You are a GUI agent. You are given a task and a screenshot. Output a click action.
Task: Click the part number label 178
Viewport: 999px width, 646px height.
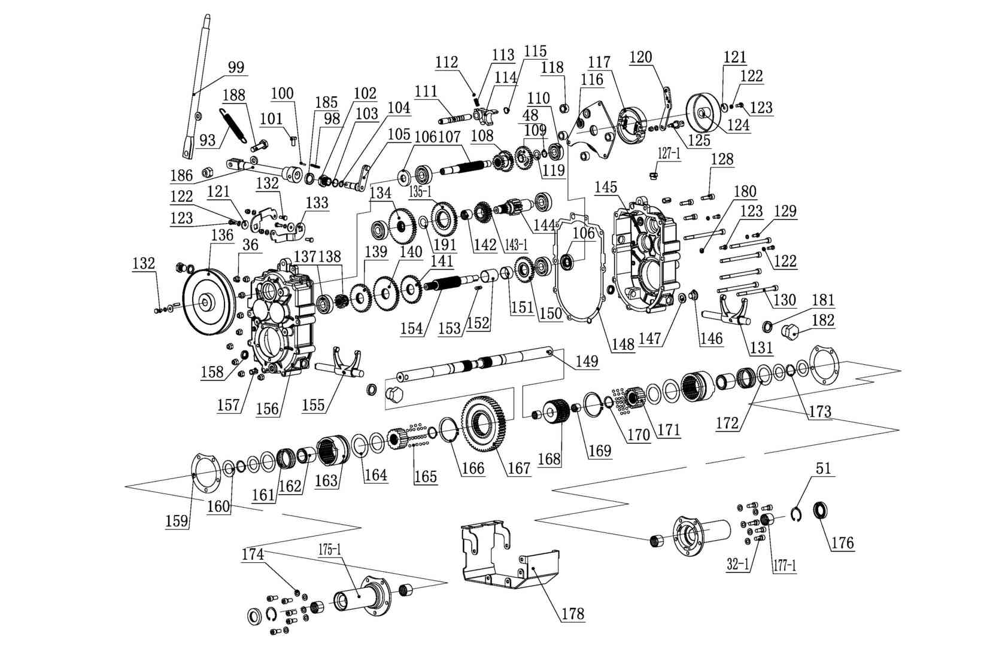pyautogui.click(x=572, y=614)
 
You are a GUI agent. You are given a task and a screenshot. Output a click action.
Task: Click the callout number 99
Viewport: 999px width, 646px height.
pyautogui.click(x=236, y=68)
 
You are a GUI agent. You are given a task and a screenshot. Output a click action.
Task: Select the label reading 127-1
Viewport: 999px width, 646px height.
pyautogui.click(x=669, y=153)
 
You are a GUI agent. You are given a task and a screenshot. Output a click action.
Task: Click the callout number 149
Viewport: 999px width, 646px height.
pyautogui.click(x=587, y=361)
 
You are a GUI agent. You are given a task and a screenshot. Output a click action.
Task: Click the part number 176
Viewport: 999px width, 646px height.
pyautogui.click(x=842, y=543)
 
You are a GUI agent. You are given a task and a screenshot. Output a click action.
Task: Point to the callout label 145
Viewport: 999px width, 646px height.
pyautogui.click(x=606, y=187)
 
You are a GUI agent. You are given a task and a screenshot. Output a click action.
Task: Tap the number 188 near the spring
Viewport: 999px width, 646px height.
pyautogui.click(x=238, y=96)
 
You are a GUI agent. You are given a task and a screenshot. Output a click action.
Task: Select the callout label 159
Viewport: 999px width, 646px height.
pyautogui.click(x=177, y=520)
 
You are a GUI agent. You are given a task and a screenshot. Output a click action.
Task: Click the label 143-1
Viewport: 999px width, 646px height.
pyautogui.click(x=516, y=245)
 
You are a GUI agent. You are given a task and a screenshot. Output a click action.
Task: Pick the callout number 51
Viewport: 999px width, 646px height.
pyautogui.click(x=824, y=468)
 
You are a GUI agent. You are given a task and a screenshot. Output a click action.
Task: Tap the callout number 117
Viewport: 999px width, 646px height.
pyautogui.click(x=599, y=62)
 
